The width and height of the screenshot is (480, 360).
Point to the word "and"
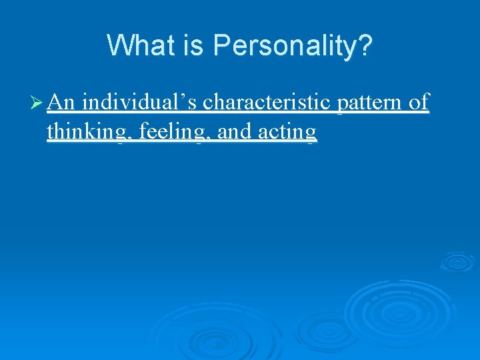(x=235, y=132)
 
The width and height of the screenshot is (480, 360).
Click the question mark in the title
(x=365, y=46)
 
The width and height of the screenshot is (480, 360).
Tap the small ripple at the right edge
(x=458, y=261)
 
